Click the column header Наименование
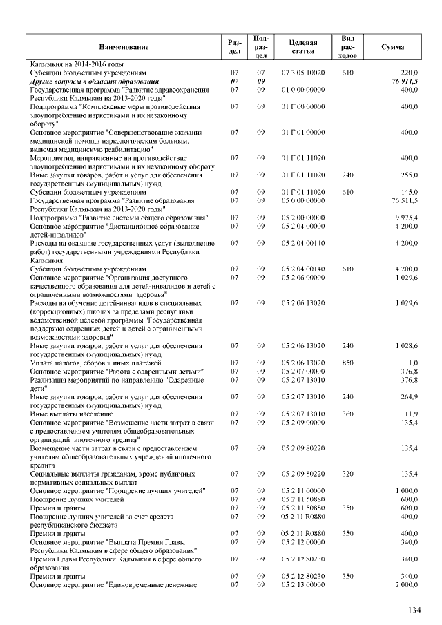pos(124,46)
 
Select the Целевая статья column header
pos(304,46)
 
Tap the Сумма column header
pos(393,46)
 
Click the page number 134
pos(414,610)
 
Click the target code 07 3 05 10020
pos(304,72)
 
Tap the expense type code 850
pos(348,363)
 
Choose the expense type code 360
pos(348,414)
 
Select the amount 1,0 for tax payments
pos(413,363)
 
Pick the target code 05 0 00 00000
pos(304,200)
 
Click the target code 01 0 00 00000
pos(304,89)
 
